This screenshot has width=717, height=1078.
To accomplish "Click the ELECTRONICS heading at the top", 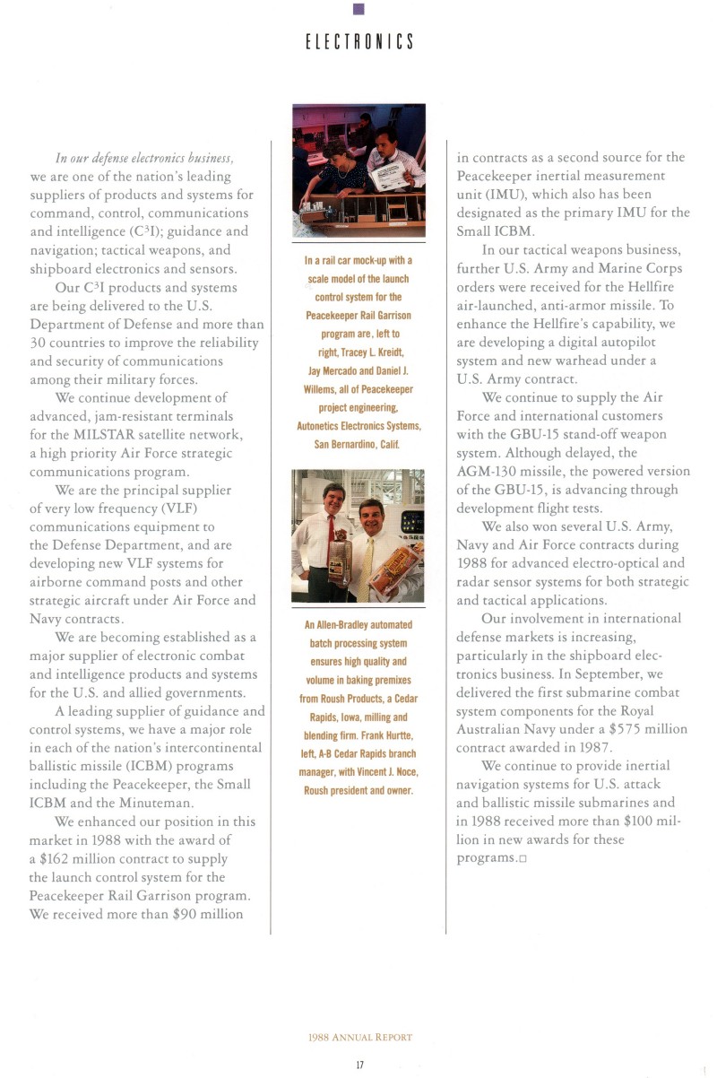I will click(358, 42).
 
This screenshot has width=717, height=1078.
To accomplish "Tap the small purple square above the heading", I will click(358, 9).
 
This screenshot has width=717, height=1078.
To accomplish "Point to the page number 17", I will click(358, 1064).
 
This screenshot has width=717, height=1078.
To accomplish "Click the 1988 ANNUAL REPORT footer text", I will click(358, 1037).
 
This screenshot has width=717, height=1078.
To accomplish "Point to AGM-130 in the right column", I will click(489, 471).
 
